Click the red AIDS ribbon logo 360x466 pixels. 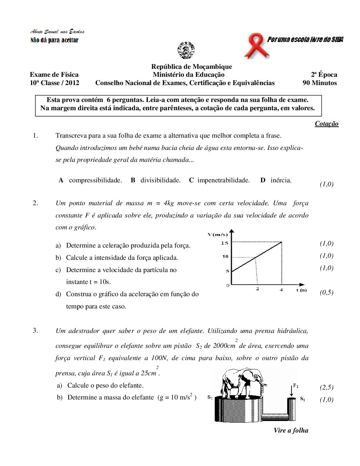coord(256,47)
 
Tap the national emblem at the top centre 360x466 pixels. coord(186,50)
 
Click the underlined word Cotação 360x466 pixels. coord(327,124)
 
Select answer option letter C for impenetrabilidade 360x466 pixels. coord(191,180)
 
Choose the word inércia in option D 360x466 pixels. coord(281,180)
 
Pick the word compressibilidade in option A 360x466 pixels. coord(95,180)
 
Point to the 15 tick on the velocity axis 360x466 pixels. coord(225,243)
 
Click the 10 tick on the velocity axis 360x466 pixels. coord(225,256)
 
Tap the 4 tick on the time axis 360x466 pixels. coord(281,290)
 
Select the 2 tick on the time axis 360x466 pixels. coord(257,289)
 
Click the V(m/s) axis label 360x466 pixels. coord(217,235)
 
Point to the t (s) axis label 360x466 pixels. coord(301,290)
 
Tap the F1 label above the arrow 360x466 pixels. coord(295,386)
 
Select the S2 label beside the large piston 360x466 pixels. coord(210,397)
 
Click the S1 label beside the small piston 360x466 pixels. coord(302,399)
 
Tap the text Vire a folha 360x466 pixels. coord(291,431)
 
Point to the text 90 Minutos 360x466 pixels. coord(320,83)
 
